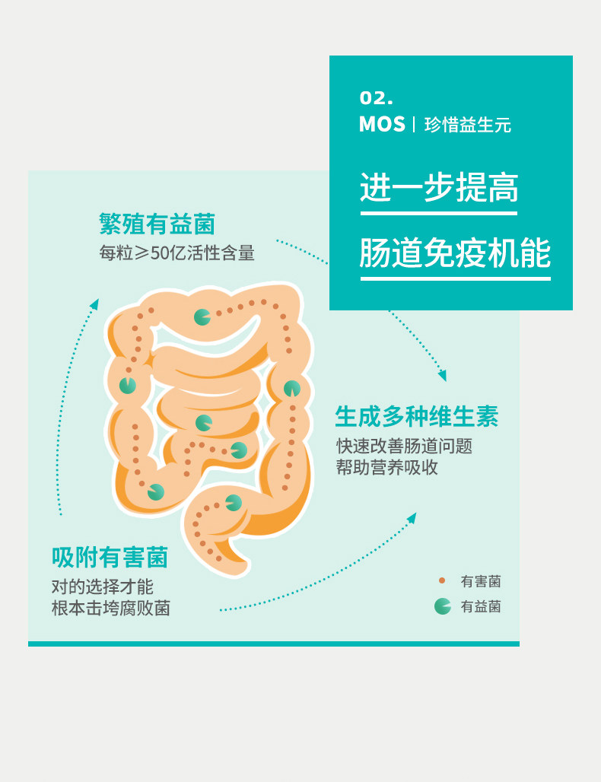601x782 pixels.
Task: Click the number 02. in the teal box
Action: click(x=376, y=98)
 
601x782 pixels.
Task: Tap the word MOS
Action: click(x=382, y=125)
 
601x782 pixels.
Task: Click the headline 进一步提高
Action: click(x=439, y=187)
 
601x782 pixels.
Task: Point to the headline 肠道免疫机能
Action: click(x=455, y=253)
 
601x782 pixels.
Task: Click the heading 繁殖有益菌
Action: click(x=157, y=224)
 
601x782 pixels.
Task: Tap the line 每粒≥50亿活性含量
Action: click(x=176, y=253)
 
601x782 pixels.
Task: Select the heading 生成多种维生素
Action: click(x=417, y=417)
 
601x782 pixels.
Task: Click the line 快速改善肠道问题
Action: click(x=404, y=446)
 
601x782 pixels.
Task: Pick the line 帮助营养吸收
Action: click(x=387, y=468)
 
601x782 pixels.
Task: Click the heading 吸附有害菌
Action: click(x=110, y=558)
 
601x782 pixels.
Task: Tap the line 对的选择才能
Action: click(x=102, y=586)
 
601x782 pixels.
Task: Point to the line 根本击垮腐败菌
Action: click(x=110, y=609)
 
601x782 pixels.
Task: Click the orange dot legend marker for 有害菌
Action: click(x=442, y=581)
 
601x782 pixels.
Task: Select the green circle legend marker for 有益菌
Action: click(x=442, y=606)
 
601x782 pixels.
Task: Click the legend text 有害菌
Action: click(x=481, y=582)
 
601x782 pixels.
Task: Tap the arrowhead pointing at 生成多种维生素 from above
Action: click(x=442, y=376)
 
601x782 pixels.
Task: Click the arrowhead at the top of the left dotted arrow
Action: click(x=94, y=304)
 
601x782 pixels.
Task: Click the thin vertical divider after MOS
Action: click(x=414, y=125)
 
